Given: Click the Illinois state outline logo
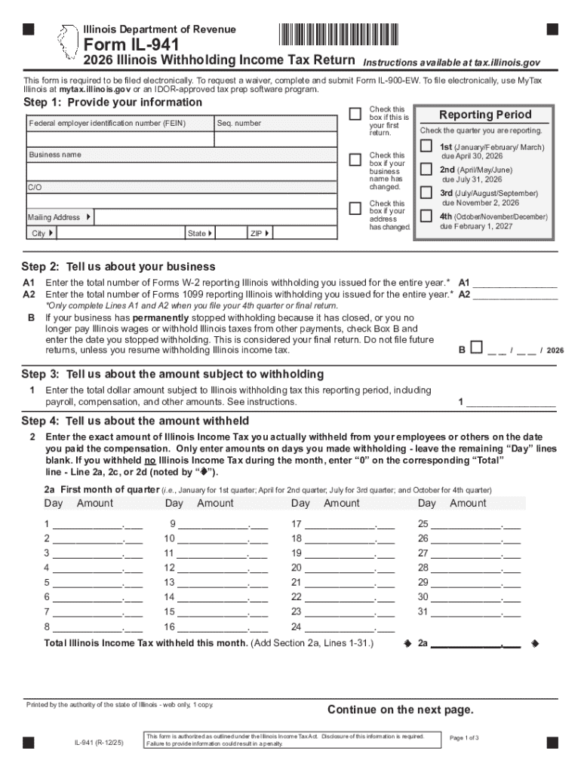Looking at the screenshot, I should point(69,41).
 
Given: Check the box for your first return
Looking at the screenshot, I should point(355,114).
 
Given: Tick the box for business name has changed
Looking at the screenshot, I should point(355,160).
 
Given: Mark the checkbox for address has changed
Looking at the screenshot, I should point(355,208).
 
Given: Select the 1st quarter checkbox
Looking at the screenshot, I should point(427,146).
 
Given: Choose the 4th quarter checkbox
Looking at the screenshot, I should point(427,216).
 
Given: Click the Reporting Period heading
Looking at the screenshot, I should point(485,115).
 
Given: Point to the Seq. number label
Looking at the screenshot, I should point(239,123).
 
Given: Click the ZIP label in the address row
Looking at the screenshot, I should point(256,234).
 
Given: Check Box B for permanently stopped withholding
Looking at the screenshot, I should point(476,348).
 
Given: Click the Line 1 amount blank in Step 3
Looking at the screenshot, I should point(512,403).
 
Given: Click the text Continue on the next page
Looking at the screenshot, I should point(400,709).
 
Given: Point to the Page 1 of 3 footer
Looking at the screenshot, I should point(464,737).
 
